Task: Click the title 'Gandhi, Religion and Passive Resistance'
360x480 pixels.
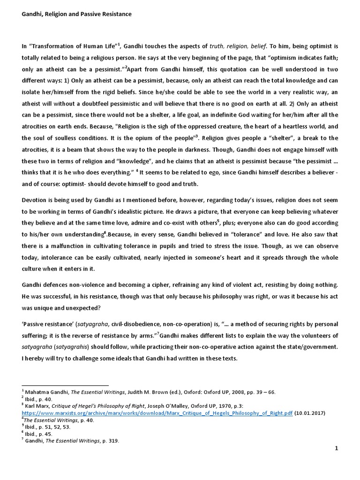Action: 77,14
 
